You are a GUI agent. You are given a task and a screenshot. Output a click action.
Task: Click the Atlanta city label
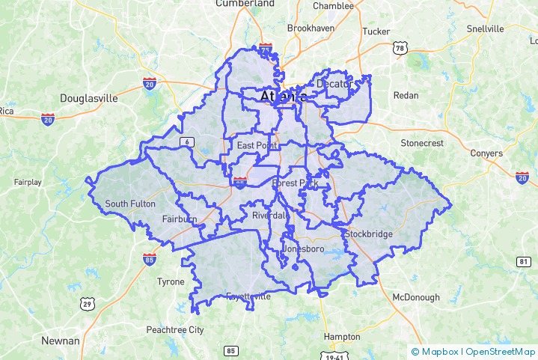(x=284, y=97)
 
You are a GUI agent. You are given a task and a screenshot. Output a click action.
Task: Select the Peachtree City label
(x=174, y=329)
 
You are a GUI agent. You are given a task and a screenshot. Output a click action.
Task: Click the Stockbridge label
(x=368, y=234)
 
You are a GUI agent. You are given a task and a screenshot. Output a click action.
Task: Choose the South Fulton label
(x=130, y=204)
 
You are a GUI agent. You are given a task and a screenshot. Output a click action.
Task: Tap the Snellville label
(x=485, y=28)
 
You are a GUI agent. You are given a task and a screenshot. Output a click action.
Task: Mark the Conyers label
(x=486, y=153)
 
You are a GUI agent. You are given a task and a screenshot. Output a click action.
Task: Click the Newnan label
(x=60, y=341)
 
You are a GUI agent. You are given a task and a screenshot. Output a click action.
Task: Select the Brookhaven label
(x=311, y=28)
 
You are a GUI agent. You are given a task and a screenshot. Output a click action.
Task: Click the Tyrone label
(x=170, y=282)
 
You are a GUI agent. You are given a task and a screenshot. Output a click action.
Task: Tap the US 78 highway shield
(x=400, y=49)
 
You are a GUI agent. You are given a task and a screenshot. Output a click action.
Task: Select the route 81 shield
(x=523, y=260)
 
